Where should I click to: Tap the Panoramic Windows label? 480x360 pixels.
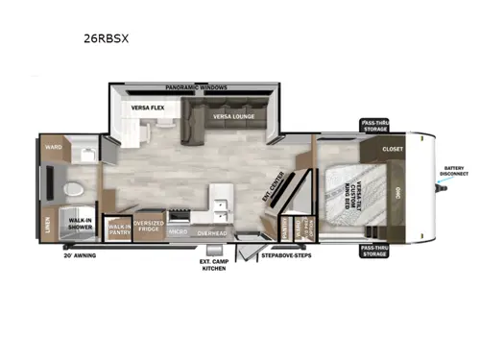point(197,86)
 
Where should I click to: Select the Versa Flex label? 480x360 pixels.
point(150,107)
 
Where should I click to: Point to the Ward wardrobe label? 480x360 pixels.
point(52,147)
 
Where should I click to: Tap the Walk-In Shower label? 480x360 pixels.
point(79,224)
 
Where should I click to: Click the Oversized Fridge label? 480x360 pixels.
point(148,227)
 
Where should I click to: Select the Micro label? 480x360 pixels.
point(178,231)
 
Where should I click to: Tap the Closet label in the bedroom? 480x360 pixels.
point(393,150)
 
